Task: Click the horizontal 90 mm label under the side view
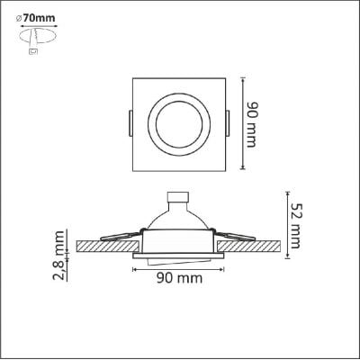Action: [x=177, y=281]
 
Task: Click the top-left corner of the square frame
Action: [x=134, y=78]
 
